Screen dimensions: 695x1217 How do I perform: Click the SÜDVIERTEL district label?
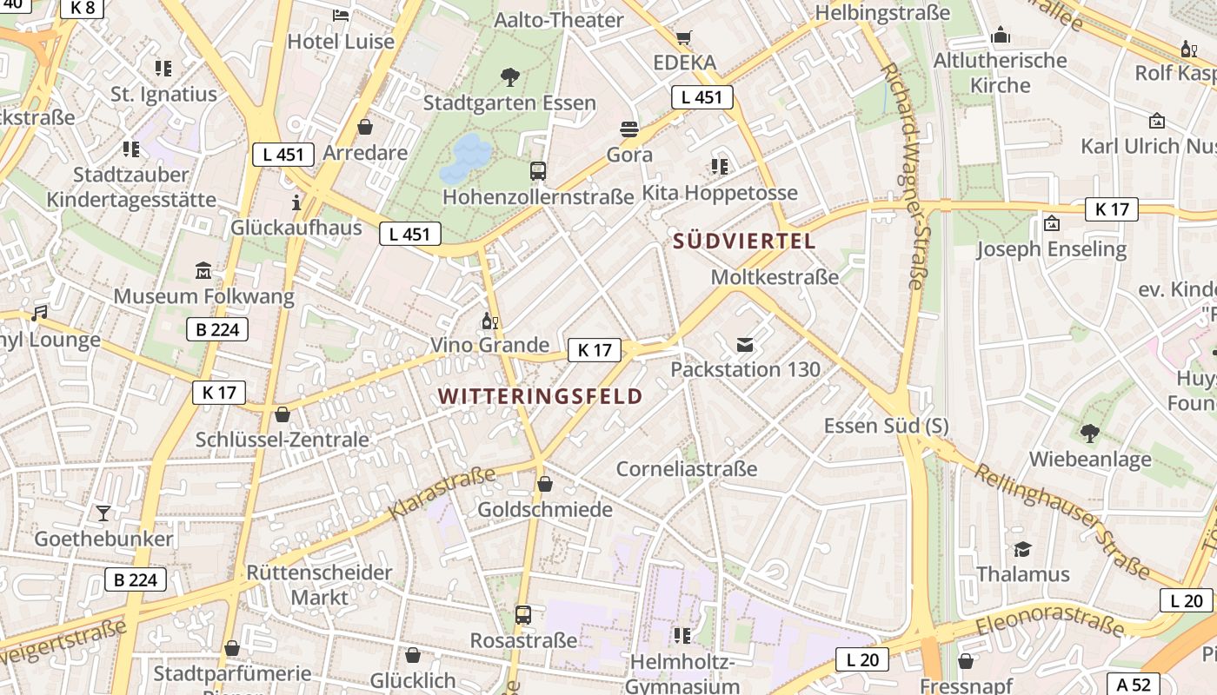(x=745, y=242)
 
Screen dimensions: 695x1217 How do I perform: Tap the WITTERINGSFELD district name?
(x=540, y=397)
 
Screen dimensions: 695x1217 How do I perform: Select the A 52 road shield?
(x=1134, y=685)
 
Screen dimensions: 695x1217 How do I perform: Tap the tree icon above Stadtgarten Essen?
(x=510, y=77)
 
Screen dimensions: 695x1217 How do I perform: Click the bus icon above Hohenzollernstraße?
(x=538, y=171)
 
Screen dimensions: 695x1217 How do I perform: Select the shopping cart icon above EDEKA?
(x=684, y=38)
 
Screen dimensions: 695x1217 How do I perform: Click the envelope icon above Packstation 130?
(x=745, y=345)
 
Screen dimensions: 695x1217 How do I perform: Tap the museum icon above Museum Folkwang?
(x=203, y=271)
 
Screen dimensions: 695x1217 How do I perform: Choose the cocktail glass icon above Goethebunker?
(x=103, y=513)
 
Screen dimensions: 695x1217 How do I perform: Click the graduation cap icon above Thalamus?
(x=1022, y=549)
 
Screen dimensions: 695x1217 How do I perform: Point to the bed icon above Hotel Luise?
(x=341, y=16)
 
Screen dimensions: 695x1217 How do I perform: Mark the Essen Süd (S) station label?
(x=886, y=426)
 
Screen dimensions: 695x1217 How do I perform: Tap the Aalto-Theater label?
(x=558, y=20)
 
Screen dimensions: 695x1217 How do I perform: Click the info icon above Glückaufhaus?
(x=296, y=203)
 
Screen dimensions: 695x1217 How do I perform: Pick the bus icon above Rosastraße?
(x=523, y=615)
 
